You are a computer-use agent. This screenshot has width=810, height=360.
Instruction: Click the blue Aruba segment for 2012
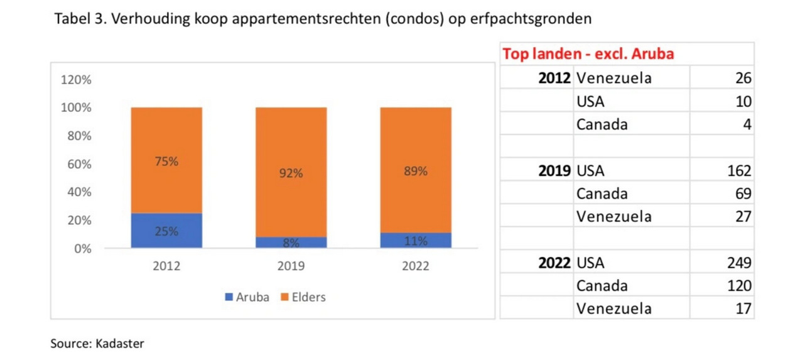point(166,231)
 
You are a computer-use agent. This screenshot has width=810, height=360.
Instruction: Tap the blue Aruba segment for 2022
point(415,241)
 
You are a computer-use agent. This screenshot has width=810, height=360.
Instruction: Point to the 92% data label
point(291,173)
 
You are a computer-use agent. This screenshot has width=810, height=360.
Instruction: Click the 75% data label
point(166,161)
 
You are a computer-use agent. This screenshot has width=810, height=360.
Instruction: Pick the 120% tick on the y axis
point(75,80)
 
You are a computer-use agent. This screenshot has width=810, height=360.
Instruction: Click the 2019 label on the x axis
point(291,266)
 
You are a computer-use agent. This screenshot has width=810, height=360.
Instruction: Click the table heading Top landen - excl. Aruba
point(588,54)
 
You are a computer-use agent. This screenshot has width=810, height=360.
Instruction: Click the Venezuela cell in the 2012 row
point(613,79)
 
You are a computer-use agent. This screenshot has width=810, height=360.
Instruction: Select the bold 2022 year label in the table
point(554,263)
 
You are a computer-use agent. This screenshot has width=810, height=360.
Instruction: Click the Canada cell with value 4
point(602,124)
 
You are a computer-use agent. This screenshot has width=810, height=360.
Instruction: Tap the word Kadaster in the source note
point(120,344)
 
